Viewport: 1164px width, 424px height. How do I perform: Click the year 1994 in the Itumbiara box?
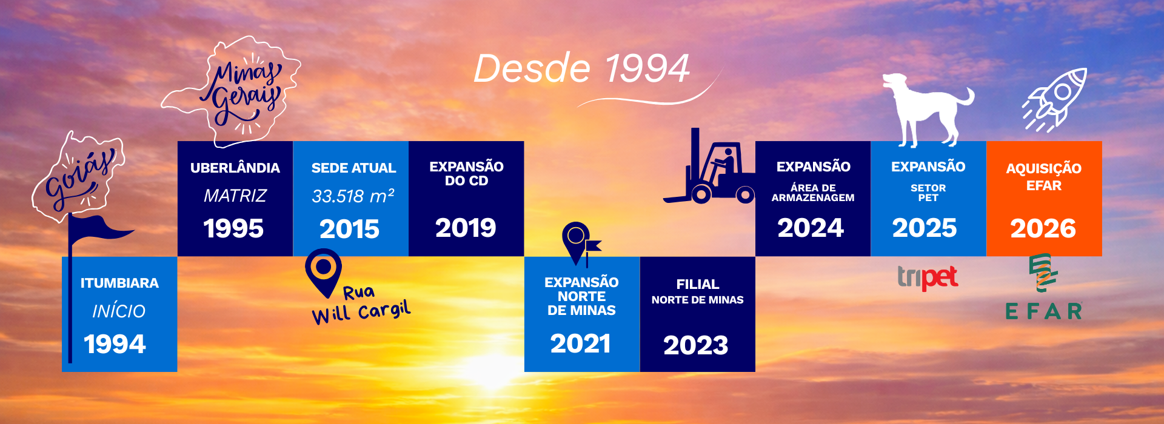coord(115,344)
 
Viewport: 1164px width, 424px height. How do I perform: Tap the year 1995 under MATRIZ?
coord(233,228)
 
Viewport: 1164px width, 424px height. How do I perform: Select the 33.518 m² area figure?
coord(353,196)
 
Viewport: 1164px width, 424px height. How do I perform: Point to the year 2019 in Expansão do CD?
coord(466,228)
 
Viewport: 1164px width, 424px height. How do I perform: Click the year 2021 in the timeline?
coord(580,343)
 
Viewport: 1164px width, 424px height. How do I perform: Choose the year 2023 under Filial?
coord(696,345)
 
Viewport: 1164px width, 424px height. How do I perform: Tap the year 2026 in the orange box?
coord(1043,228)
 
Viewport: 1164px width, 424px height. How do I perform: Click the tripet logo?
coord(928,277)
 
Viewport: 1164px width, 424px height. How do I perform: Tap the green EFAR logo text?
coord(1043,311)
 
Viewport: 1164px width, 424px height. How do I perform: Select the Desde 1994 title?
coord(581,68)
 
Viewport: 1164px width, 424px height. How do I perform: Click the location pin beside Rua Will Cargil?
coord(323,272)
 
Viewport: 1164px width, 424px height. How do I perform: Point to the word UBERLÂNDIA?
coord(235,168)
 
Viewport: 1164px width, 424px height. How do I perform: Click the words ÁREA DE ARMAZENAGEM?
coord(813,193)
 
